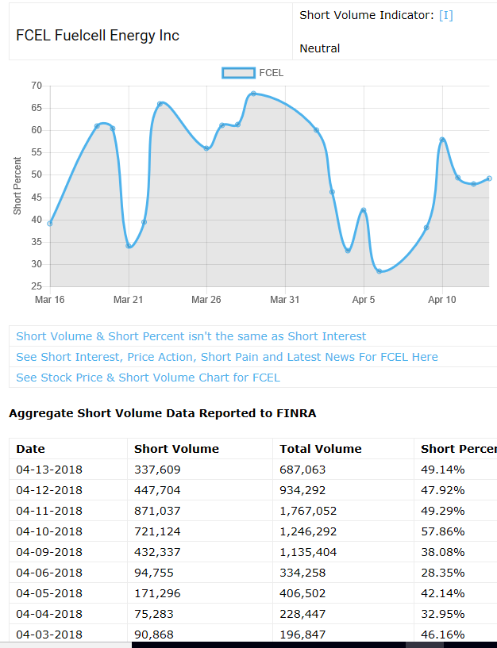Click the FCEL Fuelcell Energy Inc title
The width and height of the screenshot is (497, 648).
tap(98, 36)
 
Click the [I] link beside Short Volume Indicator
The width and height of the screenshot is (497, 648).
tap(445, 15)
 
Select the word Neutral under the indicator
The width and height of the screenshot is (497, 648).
tap(319, 48)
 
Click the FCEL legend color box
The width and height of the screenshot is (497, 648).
tap(238, 73)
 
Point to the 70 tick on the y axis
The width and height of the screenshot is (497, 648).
tap(37, 86)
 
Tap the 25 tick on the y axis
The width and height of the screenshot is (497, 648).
tap(37, 286)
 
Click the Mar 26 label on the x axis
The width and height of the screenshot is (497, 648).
tap(206, 300)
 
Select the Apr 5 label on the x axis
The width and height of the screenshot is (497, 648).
tap(364, 300)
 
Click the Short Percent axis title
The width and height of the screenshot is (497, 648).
tap(17, 186)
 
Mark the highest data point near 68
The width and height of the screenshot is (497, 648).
tap(253, 94)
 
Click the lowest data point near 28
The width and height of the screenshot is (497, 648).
tap(379, 271)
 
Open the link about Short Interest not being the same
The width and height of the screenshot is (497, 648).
tap(191, 336)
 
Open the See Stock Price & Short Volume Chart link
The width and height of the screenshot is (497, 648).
tap(148, 378)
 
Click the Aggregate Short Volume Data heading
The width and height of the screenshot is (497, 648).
tap(163, 413)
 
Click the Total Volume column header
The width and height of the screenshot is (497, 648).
tap(320, 449)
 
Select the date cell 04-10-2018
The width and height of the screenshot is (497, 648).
tap(49, 531)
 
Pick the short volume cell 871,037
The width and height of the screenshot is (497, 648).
tap(157, 511)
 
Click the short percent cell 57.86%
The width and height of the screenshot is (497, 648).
tap(442, 531)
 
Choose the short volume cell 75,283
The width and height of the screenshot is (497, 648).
tap(154, 614)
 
